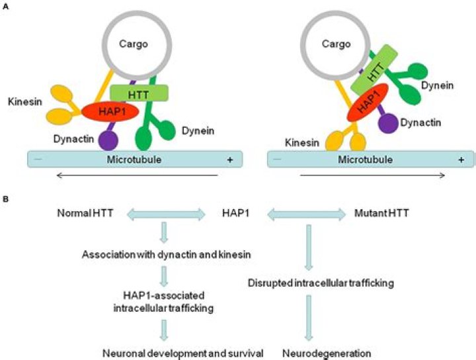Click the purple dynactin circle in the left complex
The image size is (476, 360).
[107, 140]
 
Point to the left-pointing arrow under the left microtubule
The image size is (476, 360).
[138, 175]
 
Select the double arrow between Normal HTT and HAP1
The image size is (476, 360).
[167, 214]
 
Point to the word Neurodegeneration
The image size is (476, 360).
[318, 353]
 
